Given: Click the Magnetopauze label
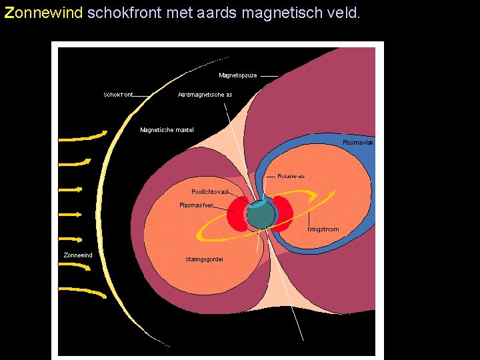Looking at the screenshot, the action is pos(237,75).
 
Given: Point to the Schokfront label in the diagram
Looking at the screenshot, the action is pos(118,95).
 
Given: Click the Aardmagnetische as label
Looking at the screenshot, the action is pos(205,95).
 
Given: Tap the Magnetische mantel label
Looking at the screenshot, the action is pos(167,130).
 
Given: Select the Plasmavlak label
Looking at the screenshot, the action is pos(358,143).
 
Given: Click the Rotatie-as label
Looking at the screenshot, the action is pos(291,176).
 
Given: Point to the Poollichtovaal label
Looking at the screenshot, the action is pos(210,192).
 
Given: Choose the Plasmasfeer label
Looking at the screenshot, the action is pos(196,205).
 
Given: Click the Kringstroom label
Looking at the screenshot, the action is pos(323,229).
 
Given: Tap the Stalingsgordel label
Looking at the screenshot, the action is pos(204,259).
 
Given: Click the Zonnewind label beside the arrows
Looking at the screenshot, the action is pos(78,255).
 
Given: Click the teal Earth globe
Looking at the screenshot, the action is pos(260,215).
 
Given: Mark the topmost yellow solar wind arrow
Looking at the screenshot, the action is pos(81,137).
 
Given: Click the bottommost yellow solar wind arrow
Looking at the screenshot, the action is pos(83,290).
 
